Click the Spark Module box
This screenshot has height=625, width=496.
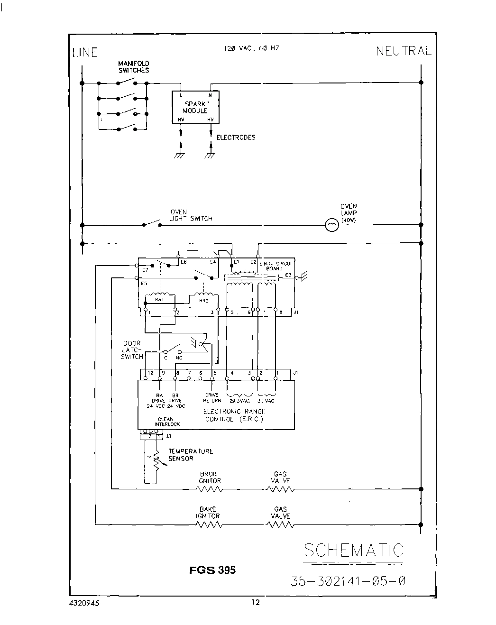click(x=195, y=107)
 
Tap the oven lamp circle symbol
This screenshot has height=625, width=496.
click(x=332, y=225)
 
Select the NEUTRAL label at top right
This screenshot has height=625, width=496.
click(x=404, y=51)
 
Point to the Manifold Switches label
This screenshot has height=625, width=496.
click(x=134, y=67)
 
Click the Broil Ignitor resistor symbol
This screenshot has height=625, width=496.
click(x=209, y=488)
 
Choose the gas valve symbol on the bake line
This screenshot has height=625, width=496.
click(x=280, y=524)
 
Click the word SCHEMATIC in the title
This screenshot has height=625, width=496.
click(x=353, y=550)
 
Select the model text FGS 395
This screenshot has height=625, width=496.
click(x=212, y=570)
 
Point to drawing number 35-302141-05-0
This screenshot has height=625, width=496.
click(x=348, y=581)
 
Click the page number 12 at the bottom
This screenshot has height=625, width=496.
click(x=256, y=603)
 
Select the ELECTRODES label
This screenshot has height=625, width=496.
click(x=236, y=138)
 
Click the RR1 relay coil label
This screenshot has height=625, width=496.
click(x=159, y=300)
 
